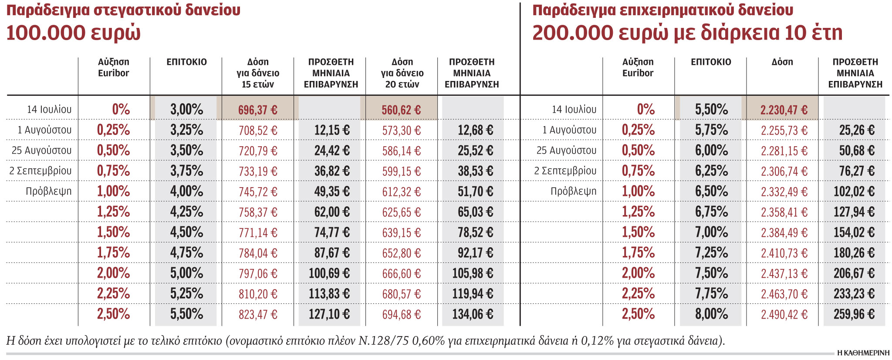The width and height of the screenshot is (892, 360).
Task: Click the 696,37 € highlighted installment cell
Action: click(257, 110)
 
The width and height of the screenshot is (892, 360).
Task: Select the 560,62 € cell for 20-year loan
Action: click(401, 110)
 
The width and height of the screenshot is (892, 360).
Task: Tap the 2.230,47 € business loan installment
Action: click(784, 110)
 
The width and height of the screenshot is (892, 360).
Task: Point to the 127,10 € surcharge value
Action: click(329, 314)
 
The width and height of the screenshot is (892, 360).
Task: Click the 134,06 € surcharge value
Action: click(473, 314)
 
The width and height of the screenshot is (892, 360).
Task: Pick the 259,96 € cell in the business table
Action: click(854, 314)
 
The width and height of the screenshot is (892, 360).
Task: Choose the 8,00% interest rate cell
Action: click(711, 314)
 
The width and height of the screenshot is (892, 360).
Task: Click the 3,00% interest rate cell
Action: click(186, 109)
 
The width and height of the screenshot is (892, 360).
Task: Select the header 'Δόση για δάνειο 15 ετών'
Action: click(258, 73)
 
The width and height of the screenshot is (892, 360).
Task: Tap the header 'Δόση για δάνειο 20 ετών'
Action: click(402, 73)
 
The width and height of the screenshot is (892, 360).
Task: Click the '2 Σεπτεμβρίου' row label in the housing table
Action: click(41, 171)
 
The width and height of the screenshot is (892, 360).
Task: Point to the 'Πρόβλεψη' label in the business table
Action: click(573, 191)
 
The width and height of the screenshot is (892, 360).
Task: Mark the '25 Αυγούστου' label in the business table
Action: click(566, 150)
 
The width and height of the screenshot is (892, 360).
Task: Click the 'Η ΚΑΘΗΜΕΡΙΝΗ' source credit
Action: click(863, 353)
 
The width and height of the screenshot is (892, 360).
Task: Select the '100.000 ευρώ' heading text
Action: click(73, 33)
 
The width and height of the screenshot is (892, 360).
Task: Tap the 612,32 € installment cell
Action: click(401, 192)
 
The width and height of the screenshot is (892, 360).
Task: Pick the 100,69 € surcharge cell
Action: click(329, 273)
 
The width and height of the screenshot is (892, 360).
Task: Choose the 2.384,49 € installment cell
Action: click(784, 232)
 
